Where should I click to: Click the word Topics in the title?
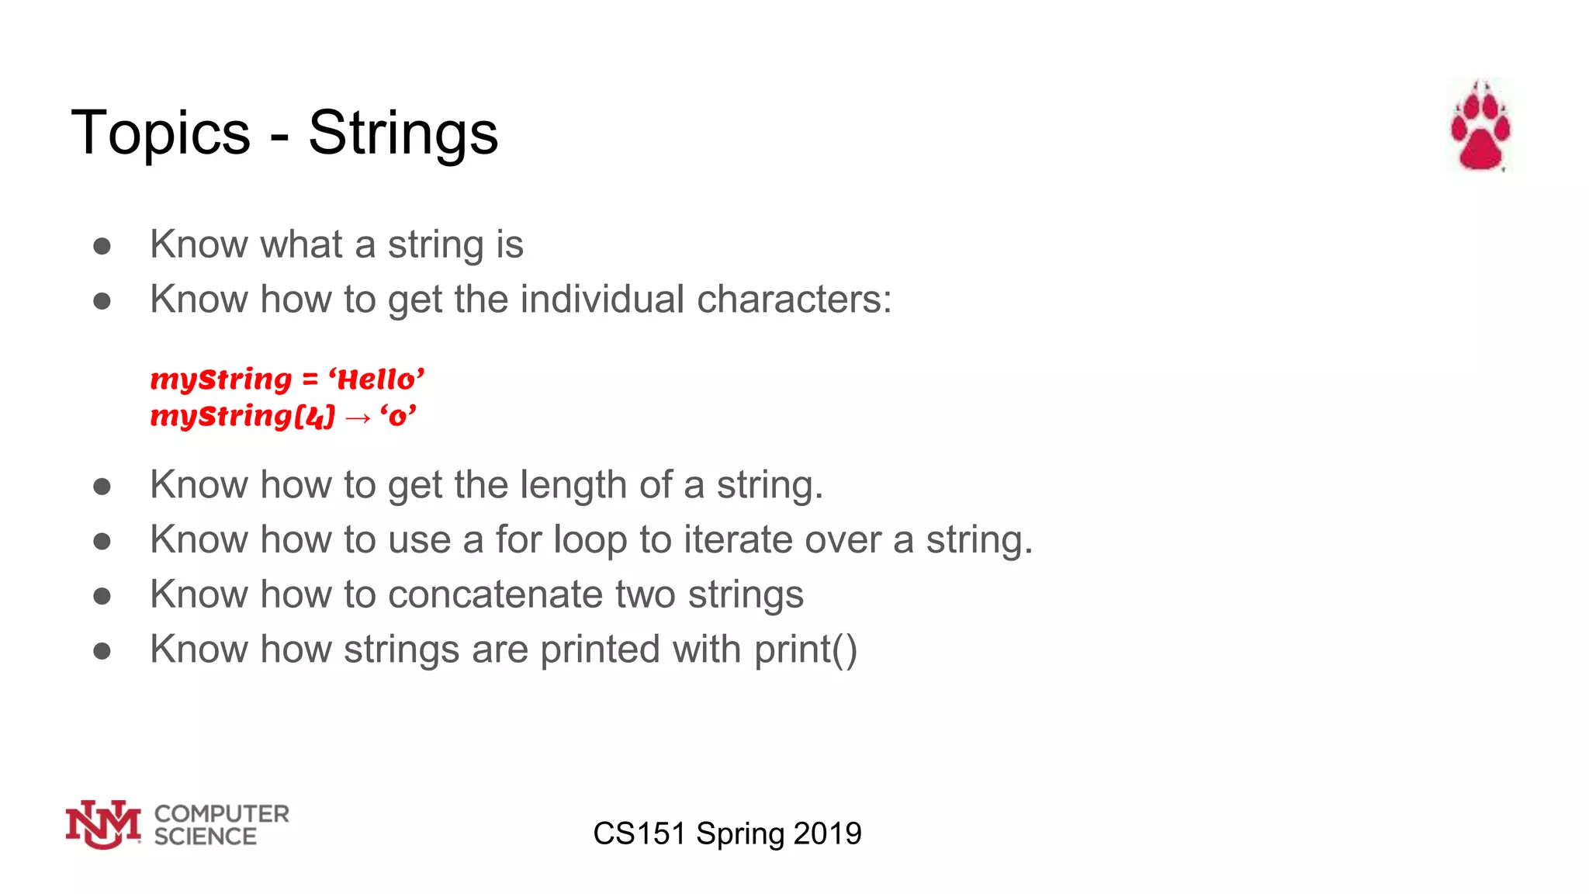coord(161,133)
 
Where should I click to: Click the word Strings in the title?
coord(403,133)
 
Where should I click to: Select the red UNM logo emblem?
coord(103,824)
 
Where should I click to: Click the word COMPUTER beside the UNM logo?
coord(222,813)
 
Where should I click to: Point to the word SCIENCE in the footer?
coord(205,837)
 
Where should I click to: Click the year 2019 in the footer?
coord(827,833)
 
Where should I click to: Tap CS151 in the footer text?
coord(639,833)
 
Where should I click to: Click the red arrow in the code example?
coord(358,418)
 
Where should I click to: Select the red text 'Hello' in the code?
coord(376,379)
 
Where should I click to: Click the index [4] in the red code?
coord(314,417)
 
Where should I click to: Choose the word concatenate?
coord(496,595)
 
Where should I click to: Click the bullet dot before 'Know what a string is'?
coord(102,246)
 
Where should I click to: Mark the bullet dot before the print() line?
coord(102,650)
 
